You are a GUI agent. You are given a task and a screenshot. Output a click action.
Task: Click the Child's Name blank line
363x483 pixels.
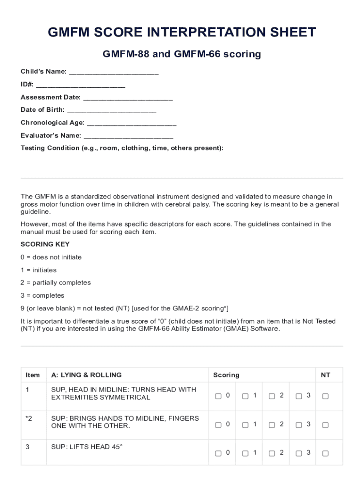(x=114, y=73)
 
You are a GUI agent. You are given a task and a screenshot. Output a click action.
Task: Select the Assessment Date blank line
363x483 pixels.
(x=128, y=98)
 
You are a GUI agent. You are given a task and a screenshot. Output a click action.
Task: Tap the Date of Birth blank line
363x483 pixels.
(x=112, y=110)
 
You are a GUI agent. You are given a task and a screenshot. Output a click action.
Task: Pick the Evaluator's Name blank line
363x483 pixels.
(x=128, y=136)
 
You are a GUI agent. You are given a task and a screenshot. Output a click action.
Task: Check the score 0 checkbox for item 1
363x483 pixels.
(x=218, y=396)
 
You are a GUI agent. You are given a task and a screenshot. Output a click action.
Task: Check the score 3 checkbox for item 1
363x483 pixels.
(x=299, y=396)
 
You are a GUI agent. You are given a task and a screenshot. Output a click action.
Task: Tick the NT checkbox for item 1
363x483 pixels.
(x=325, y=396)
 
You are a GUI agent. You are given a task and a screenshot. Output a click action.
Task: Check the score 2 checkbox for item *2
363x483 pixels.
(x=272, y=425)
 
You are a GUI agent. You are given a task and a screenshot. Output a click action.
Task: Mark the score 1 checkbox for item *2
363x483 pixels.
(x=245, y=425)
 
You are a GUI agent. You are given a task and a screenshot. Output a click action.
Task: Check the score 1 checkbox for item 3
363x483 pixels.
(x=245, y=453)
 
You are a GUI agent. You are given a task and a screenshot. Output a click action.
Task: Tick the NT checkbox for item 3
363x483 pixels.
(x=325, y=453)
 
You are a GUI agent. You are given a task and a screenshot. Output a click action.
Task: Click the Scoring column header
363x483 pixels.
(x=226, y=375)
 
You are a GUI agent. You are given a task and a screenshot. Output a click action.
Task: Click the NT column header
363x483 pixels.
(x=325, y=375)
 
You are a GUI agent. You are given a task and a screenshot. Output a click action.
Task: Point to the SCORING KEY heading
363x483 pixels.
(x=45, y=244)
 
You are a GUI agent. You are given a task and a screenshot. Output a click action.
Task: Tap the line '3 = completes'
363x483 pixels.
(x=42, y=296)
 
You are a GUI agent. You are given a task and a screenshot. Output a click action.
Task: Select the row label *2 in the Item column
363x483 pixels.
(x=29, y=418)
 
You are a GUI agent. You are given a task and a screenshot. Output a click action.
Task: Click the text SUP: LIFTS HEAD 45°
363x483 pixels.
(x=87, y=447)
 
